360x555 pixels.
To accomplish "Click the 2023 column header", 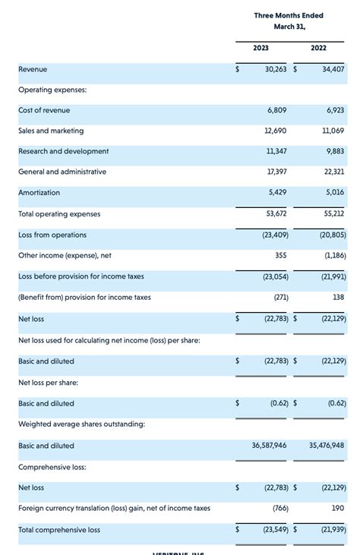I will tap(261, 48).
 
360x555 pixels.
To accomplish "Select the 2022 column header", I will tap(319, 48).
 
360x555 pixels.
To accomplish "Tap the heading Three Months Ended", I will tap(289, 15).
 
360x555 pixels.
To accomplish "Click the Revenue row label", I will tap(33, 69).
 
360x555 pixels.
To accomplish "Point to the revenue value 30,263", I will tap(275, 69).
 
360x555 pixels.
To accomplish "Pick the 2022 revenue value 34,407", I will tap(333, 69).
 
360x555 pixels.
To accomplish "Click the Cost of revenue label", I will tap(44, 110).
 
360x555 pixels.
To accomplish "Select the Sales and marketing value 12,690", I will tap(276, 131).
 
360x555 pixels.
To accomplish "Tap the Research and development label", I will tap(64, 151).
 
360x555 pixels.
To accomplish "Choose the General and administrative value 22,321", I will tap(334, 172).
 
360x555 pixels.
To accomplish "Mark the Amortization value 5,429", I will tap(278, 193).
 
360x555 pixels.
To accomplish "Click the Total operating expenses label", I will tap(59, 214).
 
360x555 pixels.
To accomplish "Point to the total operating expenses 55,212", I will tap(334, 214).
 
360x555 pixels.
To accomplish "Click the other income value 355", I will tap(280, 256).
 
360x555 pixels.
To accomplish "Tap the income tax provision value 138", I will tap(339, 298).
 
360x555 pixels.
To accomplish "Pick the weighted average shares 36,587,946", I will tap(269, 446).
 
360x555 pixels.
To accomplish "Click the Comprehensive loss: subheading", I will tap(52, 467).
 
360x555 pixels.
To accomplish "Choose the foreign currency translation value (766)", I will tap(279, 508).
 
